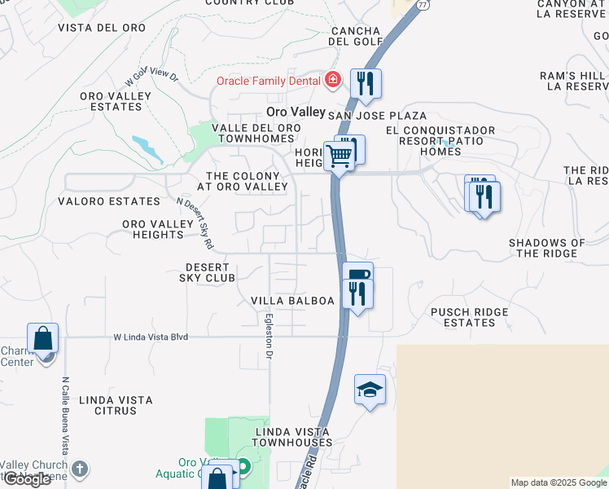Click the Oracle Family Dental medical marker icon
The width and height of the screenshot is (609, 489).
332,80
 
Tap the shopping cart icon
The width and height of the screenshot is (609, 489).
340,155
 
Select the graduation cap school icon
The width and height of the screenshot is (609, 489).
370,390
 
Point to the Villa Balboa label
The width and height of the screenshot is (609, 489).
293,301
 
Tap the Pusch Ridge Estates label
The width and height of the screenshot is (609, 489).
469,317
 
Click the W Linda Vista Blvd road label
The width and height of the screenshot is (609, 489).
151,336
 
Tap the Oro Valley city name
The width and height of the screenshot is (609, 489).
296,112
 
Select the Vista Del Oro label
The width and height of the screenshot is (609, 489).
102,28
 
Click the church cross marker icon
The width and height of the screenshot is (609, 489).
78,469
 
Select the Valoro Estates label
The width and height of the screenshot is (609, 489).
109,201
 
